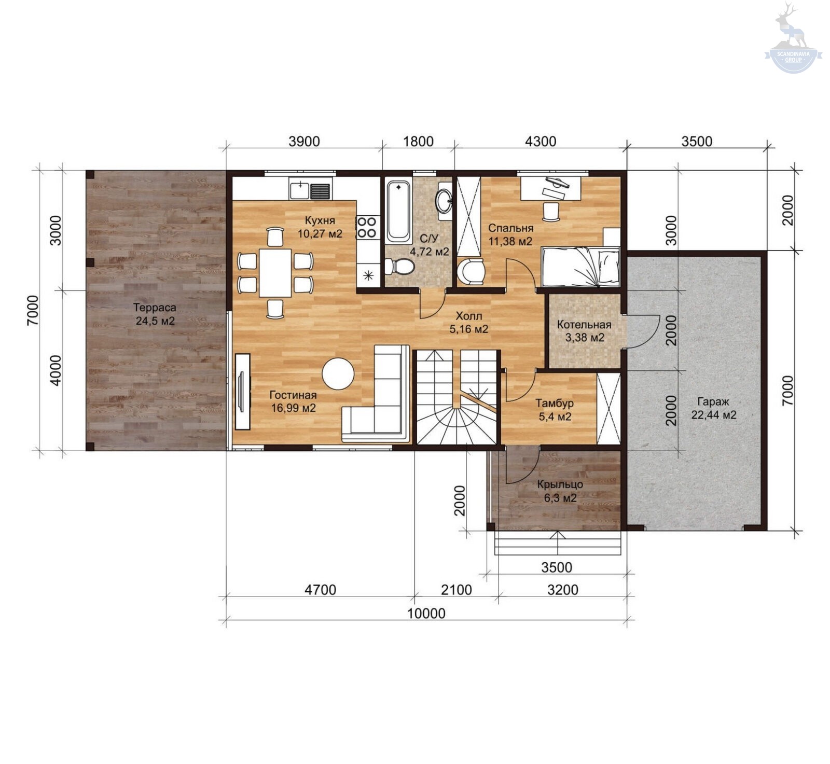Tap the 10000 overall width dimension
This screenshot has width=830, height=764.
click(426, 614)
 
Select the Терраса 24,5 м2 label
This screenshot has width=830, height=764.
click(155, 314)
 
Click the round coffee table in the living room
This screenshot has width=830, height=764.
click(338, 373)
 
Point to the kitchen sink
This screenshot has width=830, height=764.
click(310, 189)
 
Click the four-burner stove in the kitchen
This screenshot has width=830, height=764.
click(367, 228)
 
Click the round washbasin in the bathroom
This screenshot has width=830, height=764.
click(445, 200)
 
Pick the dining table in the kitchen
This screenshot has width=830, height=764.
click(275, 272)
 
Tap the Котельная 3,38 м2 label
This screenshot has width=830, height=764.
click(584, 331)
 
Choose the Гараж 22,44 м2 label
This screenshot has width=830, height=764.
click(713, 408)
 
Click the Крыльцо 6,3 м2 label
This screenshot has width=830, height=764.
click(560, 491)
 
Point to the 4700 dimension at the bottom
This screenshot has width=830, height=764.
click(321, 590)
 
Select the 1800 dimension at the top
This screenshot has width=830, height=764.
click(418, 141)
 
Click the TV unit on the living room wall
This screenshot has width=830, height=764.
click(242, 392)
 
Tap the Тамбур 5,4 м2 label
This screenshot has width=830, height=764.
click(555, 410)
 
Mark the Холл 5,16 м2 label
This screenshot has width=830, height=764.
click(468, 322)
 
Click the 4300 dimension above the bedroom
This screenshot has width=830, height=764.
click(541, 141)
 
